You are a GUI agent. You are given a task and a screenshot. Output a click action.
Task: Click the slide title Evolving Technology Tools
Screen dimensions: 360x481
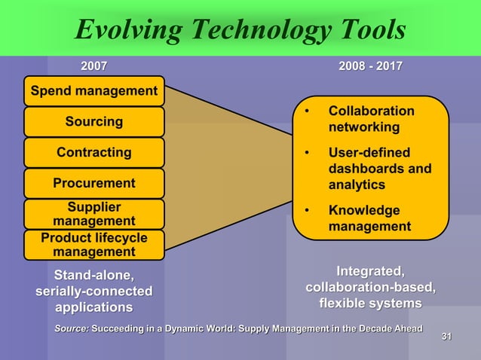click(x=240, y=29)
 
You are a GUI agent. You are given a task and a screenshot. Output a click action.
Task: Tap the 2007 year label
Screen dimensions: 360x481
click(x=93, y=66)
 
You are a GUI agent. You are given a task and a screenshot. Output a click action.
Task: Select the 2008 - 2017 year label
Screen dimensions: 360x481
click(x=370, y=66)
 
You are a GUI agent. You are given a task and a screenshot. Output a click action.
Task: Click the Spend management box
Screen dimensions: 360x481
click(x=94, y=91)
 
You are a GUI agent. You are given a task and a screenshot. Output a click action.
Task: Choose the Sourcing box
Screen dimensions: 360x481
click(x=94, y=122)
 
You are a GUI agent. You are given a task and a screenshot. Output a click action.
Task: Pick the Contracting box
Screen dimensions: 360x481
click(x=94, y=153)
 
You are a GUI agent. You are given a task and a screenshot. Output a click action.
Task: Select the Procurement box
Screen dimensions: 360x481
click(x=94, y=183)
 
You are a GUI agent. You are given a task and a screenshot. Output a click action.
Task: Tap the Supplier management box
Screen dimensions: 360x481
click(x=94, y=214)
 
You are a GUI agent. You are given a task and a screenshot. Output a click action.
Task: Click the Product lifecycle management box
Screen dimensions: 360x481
click(x=94, y=245)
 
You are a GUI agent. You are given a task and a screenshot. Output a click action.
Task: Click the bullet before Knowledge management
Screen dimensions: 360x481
click(x=307, y=211)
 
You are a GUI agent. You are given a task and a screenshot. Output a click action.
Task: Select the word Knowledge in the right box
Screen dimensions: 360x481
click(x=364, y=211)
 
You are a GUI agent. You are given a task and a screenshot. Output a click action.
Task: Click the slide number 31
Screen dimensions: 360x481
click(x=446, y=336)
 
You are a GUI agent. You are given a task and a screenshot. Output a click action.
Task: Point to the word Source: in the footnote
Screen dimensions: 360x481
click(x=72, y=328)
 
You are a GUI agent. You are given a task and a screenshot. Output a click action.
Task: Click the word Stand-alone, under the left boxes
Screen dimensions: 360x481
click(x=93, y=274)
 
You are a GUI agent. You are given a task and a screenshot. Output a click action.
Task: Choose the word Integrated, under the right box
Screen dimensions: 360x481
click(x=370, y=271)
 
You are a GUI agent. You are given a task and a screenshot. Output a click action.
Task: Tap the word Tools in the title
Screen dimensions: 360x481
click(x=369, y=29)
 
